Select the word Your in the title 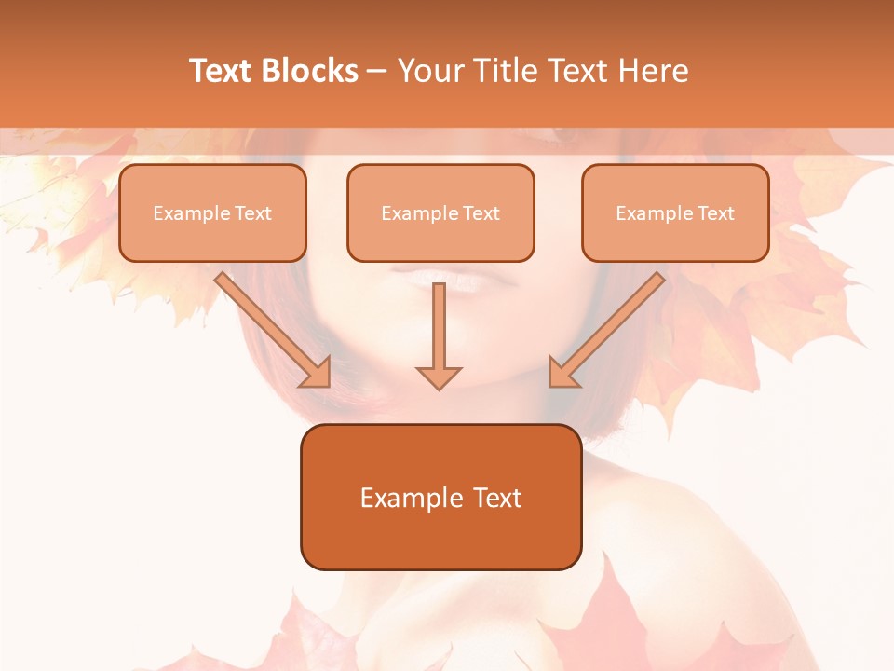pyautogui.click(x=429, y=71)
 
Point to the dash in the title pyautogui.click(x=377, y=71)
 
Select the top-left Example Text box pyautogui.click(x=212, y=213)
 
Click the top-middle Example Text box pyautogui.click(x=440, y=213)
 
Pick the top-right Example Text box pyautogui.click(x=675, y=213)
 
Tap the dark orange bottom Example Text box pyautogui.click(x=440, y=497)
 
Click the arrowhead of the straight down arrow pyautogui.click(x=439, y=377)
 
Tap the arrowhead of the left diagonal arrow pyautogui.click(x=317, y=372)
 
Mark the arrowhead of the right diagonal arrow pyautogui.click(x=562, y=372)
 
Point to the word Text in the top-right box pyautogui.click(x=715, y=213)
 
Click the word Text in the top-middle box pyautogui.click(x=481, y=213)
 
